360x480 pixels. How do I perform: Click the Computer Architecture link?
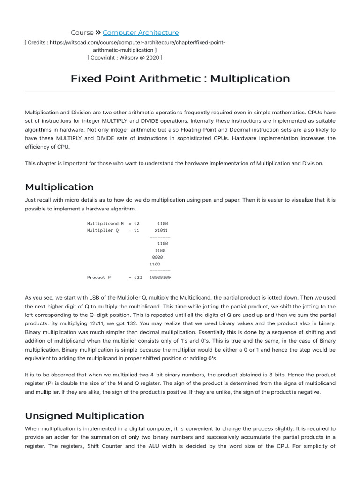[141, 33]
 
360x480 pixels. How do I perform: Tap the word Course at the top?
[82, 33]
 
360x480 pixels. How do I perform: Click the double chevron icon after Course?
[98, 33]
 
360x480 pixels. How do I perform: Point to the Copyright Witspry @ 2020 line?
[125, 58]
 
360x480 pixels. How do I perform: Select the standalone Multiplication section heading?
[59, 187]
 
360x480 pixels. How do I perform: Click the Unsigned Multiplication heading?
[84, 416]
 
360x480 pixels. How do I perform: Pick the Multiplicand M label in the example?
[105, 224]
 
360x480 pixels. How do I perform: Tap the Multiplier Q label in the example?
[103, 231]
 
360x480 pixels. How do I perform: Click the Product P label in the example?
[99, 277]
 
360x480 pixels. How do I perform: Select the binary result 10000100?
[160, 277]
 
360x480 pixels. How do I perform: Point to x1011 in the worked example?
[161, 231]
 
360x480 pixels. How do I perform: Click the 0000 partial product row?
[157, 257]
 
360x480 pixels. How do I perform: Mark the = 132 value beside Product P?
[135, 277]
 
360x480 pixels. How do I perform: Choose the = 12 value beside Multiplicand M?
[134, 224]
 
